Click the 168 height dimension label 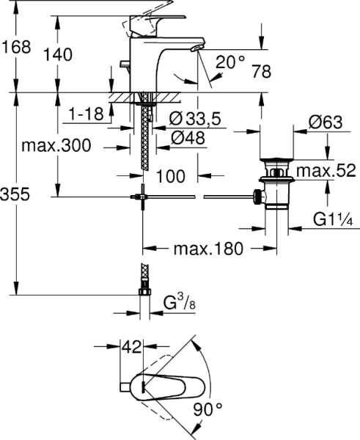tap(16, 47)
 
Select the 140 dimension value tap(57, 54)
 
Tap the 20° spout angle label tap(230, 62)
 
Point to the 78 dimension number tap(262, 72)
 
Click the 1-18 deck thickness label tap(86, 114)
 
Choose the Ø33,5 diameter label tap(195, 119)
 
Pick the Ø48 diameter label tap(188, 138)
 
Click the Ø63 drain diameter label tap(326, 122)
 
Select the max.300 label tap(56, 145)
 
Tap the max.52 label tap(326, 171)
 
